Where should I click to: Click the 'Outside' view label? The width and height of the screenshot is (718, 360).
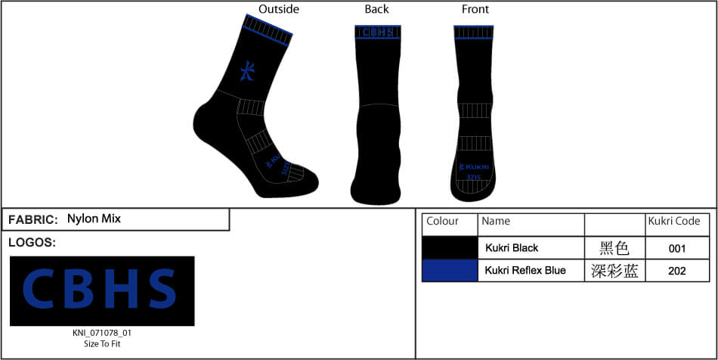click(279, 9)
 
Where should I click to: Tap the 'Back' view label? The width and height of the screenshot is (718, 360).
click(376, 9)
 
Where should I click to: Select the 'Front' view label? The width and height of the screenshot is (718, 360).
click(475, 9)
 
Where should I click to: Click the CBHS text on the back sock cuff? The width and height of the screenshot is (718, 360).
click(376, 33)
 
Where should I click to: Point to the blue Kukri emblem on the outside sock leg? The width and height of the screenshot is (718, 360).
click(247, 71)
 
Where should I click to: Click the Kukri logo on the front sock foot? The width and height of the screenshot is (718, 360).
click(474, 167)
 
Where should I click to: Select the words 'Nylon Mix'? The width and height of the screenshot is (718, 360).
click(94, 219)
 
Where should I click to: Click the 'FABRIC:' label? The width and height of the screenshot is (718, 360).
click(33, 219)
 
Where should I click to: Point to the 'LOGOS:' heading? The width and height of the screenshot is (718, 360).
click(32, 243)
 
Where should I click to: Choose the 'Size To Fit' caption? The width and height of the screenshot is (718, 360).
click(101, 343)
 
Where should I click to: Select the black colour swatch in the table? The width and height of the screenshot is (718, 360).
click(449, 248)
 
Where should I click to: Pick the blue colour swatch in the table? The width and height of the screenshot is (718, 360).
click(449, 271)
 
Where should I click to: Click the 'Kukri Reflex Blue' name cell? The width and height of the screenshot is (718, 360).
click(525, 271)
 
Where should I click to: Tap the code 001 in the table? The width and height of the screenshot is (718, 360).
click(677, 248)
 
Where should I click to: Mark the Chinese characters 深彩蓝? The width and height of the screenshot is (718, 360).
click(614, 271)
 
